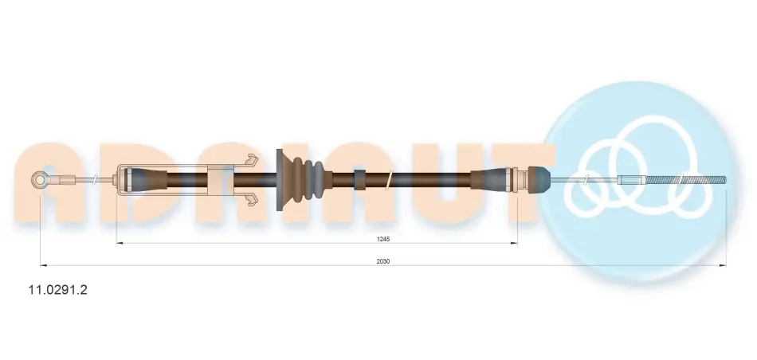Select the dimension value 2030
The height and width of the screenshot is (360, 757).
click(x=382, y=261)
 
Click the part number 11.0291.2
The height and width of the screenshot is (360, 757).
click(x=58, y=290)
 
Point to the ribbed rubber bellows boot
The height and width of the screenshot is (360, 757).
click(x=304, y=179)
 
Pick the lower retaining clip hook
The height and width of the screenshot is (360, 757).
click(x=251, y=200)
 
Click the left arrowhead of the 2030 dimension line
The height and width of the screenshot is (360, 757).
click(x=44, y=265)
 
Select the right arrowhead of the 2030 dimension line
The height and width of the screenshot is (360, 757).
click(x=723, y=265)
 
